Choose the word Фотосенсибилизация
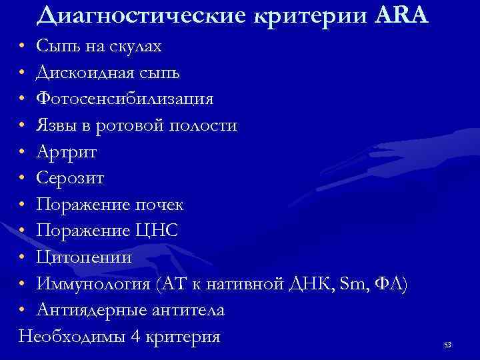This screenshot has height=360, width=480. click(x=125, y=99)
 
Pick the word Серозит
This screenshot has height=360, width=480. click(x=70, y=178)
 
